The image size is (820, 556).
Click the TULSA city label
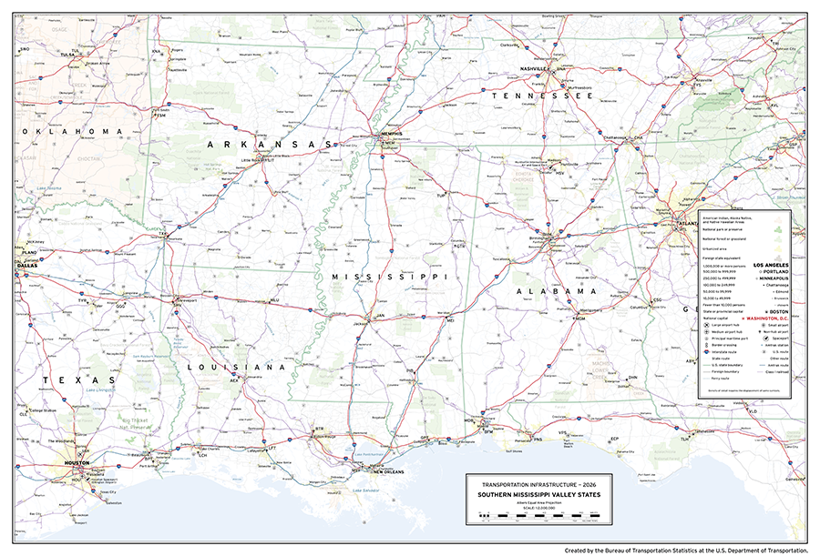pos(67,54)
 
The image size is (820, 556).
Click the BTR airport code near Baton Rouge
pos(319,428)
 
